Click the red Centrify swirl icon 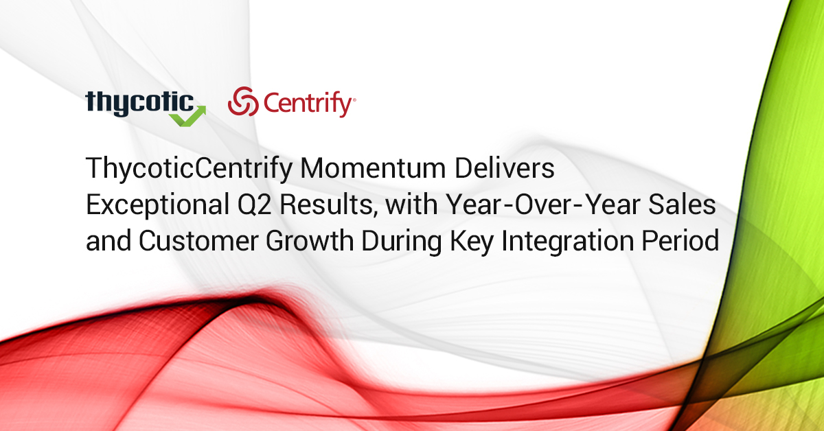click(241, 102)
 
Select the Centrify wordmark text click(307, 104)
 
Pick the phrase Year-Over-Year click(547, 206)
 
